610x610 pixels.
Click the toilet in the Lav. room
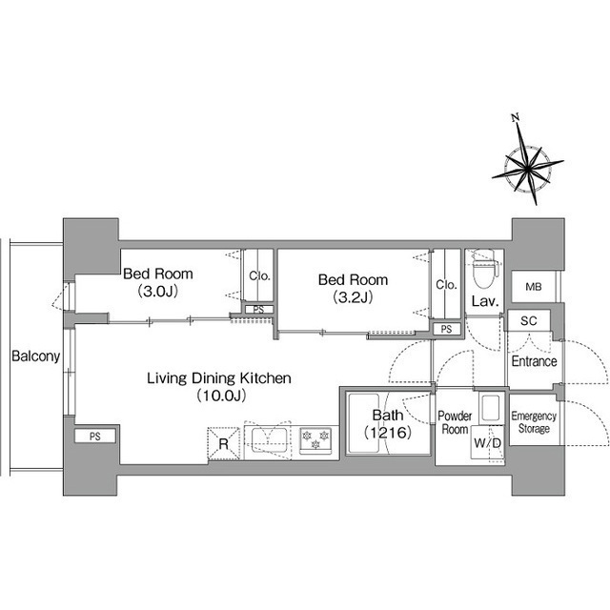[484, 269]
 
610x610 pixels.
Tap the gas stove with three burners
[315, 440]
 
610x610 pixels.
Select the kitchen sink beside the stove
[269, 439]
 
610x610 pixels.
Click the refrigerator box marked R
[224, 443]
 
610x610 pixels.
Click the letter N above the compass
[517, 117]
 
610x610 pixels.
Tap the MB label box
[534, 287]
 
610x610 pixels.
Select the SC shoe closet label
[528, 320]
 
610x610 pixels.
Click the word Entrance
[534, 361]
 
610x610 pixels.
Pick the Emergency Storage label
[534, 422]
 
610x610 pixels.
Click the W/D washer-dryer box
[487, 442]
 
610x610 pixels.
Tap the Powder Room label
[455, 422]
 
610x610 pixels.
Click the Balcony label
[36, 356]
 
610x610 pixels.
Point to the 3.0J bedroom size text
[158, 291]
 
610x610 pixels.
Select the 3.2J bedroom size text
[353, 297]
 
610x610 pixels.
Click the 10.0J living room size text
[221, 396]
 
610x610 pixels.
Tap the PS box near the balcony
[95, 437]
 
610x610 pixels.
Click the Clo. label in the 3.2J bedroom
[446, 285]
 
